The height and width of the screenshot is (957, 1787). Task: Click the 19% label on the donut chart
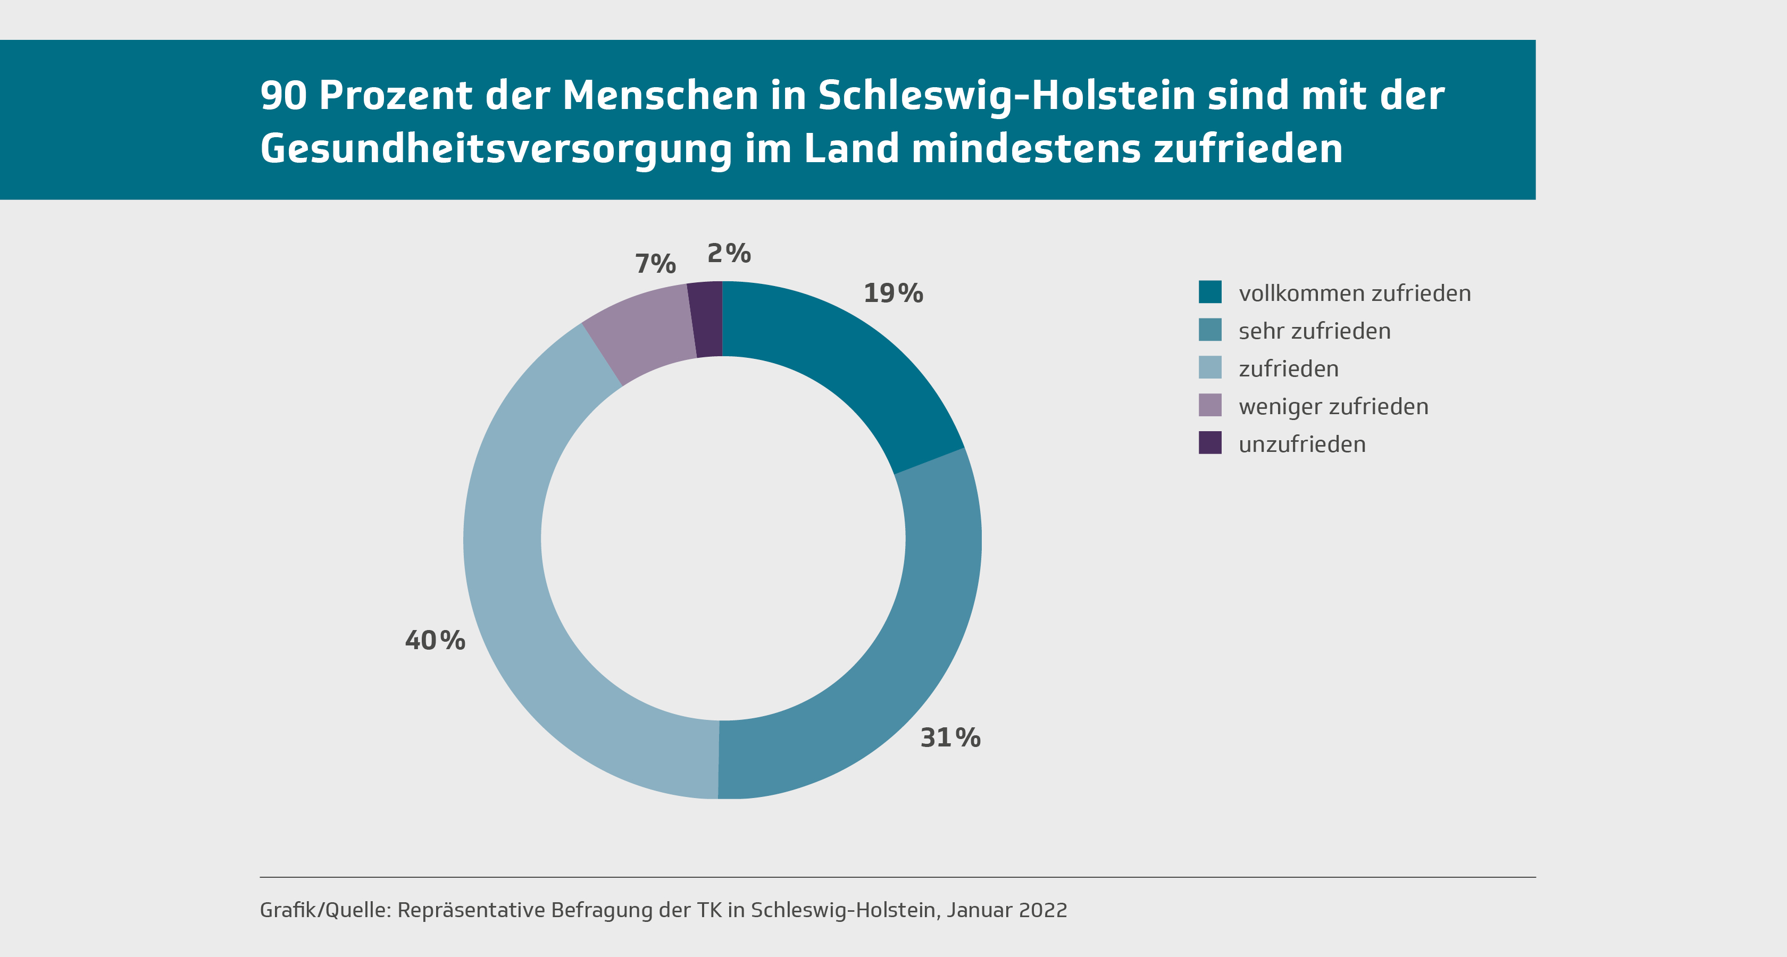(893, 293)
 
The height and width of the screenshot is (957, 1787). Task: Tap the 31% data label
(950, 738)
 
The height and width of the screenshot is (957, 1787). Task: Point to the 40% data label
(435, 641)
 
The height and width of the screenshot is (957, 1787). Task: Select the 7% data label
(655, 264)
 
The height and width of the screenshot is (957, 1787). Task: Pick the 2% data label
(729, 254)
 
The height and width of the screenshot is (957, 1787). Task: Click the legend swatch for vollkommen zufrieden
(1210, 292)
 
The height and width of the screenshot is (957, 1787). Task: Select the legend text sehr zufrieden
(1315, 331)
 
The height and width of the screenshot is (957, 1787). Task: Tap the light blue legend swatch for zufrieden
(1210, 367)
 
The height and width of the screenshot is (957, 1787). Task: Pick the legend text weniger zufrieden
(1333, 406)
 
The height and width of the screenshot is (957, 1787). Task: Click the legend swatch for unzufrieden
(1210, 442)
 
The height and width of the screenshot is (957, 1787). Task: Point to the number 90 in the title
(283, 96)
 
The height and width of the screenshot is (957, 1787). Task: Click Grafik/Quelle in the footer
(324, 910)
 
